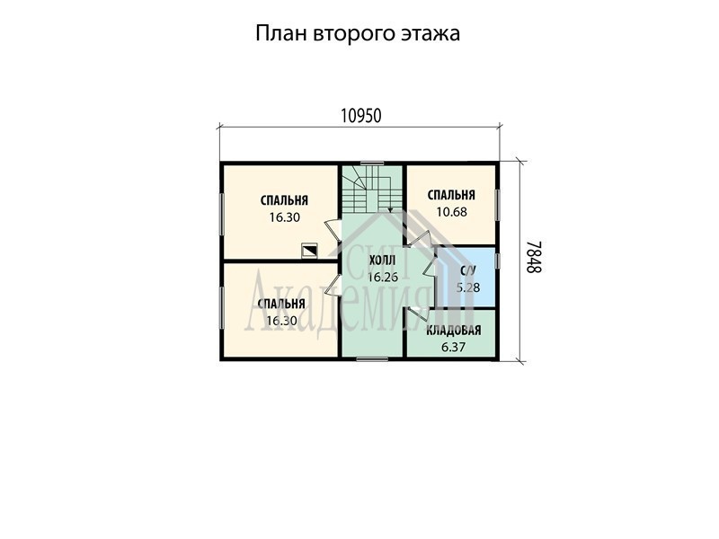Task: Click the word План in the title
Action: point(281,33)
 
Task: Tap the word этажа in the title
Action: point(431,34)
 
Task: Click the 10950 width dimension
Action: point(361,117)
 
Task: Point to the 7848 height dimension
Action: point(533,257)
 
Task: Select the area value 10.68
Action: point(452,212)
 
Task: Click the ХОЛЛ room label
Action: point(383,261)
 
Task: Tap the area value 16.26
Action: point(383,277)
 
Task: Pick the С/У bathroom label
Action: point(468,270)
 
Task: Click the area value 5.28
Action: point(468,287)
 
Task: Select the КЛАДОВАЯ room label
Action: point(454,331)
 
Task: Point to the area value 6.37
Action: point(453,347)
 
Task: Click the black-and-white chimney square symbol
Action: point(308,251)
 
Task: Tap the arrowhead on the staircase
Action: point(390,210)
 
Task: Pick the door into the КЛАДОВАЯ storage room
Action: point(417,312)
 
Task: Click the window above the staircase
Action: point(372,163)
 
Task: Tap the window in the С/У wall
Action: point(497,261)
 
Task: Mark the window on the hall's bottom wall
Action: point(372,359)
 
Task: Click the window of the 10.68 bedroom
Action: point(497,206)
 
